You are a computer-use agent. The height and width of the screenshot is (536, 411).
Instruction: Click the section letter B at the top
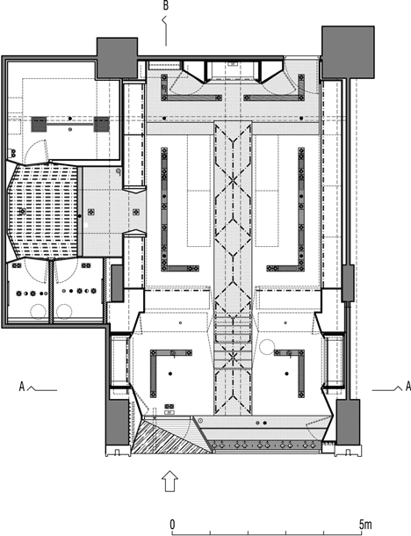[x=166, y=6]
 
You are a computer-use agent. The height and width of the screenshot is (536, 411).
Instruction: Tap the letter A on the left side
[x=22, y=387]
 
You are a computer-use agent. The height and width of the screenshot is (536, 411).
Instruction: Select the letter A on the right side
[x=407, y=387]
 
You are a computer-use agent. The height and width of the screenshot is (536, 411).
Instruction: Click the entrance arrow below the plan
[x=169, y=481]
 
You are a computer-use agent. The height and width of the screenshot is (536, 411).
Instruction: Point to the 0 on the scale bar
[x=173, y=524]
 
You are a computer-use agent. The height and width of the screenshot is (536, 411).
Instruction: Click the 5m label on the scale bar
[x=364, y=524]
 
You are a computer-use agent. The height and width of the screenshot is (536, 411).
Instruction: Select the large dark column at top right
[x=348, y=52]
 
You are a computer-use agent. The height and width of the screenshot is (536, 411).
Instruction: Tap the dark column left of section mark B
[x=117, y=58]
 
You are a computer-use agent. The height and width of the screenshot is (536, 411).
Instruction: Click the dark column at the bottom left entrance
[x=119, y=422]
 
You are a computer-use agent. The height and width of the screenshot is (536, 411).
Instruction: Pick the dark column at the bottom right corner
[x=348, y=422]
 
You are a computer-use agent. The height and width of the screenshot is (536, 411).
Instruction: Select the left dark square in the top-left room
[x=40, y=125]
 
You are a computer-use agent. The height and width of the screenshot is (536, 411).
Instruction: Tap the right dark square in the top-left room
[x=102, y=125]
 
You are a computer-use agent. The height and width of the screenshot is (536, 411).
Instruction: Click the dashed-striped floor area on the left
[x=42, y=211]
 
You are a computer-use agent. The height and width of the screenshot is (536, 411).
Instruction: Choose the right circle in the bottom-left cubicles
[x=64, y=311]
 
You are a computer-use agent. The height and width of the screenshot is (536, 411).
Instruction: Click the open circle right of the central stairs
[x=267, y=346]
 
